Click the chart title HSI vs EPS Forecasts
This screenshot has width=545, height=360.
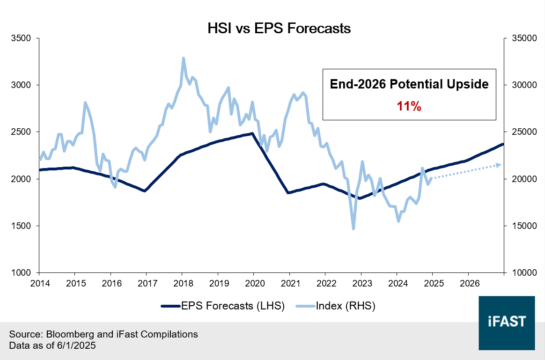279,29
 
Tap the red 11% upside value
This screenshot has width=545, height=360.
409,106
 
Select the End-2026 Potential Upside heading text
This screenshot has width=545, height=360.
409,84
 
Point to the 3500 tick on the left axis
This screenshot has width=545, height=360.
22,38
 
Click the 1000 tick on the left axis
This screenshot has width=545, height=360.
22,272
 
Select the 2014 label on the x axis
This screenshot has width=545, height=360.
39,283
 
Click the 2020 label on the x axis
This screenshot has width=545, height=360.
253,283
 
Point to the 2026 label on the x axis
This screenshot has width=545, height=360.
468,283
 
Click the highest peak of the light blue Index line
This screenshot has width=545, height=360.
184,58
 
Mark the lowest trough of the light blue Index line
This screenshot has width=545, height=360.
354,228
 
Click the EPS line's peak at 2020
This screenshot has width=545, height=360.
252,133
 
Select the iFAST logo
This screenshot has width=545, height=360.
507,323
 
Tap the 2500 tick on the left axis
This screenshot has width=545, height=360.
22,132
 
